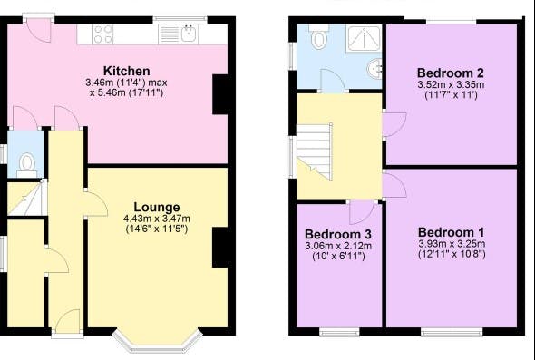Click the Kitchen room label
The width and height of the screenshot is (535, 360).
[x=127, y=71]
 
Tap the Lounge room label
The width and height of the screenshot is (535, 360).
[x=157, y=207]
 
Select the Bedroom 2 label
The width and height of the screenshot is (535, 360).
[x=451, y=73]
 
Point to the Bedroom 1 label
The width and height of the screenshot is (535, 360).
[x=451, y=232]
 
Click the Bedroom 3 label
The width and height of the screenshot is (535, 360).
[x=338, y=234]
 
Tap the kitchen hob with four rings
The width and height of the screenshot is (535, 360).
[x=103, y=34]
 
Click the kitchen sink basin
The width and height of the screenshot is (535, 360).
[x=189, y=34]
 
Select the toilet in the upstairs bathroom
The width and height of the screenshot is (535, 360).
[x=319, y=37]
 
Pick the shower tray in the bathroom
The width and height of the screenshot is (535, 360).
[x=364, y=38]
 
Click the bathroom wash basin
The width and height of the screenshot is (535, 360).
[x=375, y=69]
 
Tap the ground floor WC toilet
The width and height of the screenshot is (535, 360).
[x=27, y=165]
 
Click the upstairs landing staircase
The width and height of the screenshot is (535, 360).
[x=315, y=152]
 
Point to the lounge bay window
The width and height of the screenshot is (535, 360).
[x=158, y=341]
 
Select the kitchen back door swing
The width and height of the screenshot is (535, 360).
[x=39, y=30]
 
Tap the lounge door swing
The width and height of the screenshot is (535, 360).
[x=96, y=204]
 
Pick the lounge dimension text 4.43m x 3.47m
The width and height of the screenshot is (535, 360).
[x=157, y=219]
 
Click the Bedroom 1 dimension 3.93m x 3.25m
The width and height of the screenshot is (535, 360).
[x=452, y=244]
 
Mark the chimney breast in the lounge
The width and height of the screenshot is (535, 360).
[x=220, y=248]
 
